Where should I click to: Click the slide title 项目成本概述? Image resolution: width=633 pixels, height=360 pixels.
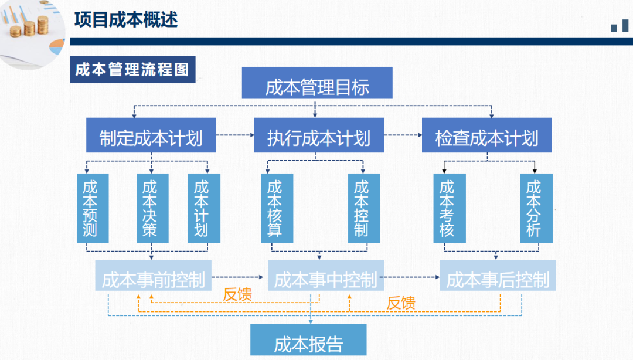click(126, 19)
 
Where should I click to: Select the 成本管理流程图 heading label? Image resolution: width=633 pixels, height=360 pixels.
click(132, 69)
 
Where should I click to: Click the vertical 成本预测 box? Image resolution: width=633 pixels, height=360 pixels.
click(92, 208)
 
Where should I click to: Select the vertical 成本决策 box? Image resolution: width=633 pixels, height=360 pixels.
click(152, 208)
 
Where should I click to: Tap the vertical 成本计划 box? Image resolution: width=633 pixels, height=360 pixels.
click(203, 208)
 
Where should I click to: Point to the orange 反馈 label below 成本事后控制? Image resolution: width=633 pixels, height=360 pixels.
click(401, 303)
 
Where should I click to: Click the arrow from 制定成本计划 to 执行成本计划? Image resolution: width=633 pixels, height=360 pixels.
click(235, 135)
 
